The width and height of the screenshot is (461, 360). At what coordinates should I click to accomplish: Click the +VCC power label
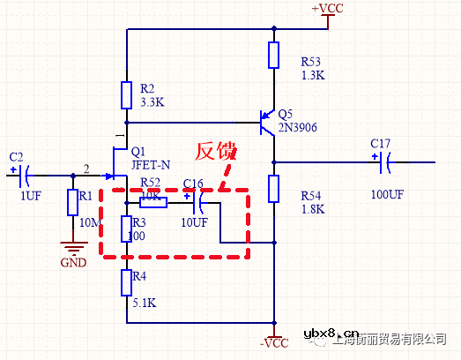(x=327, y=9)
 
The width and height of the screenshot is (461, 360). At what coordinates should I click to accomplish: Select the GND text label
(x=74, y=262)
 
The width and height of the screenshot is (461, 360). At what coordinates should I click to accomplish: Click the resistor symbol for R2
(x=128, y=95)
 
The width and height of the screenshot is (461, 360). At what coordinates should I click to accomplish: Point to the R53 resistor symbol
(x=274, y=55)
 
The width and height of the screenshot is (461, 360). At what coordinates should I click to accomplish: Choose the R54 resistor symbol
(x=274, y=188)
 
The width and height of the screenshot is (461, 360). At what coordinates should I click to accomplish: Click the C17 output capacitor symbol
(x=386, y=161)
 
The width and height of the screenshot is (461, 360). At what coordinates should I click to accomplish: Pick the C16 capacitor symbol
(x=198, y=202)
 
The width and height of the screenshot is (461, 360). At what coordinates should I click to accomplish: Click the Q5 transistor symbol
(x=265, y=123)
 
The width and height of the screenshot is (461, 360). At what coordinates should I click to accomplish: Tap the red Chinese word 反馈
(x=216, y=152)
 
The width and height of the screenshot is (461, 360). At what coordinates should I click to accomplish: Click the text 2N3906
(x=297, y=128)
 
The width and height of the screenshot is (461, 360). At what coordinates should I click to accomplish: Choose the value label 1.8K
(x=313, y=209)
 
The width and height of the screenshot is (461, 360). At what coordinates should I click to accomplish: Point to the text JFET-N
(x=152, y=164)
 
